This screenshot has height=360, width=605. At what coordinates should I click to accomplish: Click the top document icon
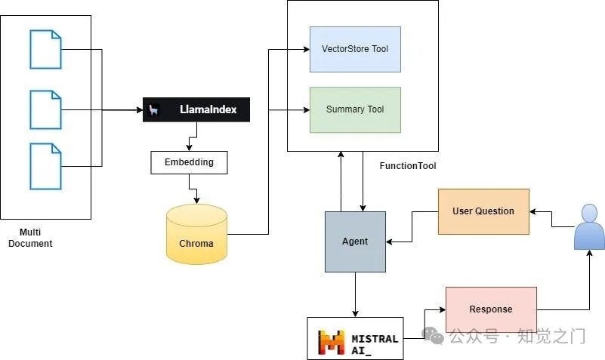(45, 49)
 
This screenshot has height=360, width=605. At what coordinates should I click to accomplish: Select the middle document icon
(45, 110)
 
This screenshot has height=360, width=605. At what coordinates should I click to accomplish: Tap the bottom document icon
(45, 167)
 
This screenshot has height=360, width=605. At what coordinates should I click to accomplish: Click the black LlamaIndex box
(196, 110)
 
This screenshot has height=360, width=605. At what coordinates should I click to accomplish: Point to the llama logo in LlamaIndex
(153, 110)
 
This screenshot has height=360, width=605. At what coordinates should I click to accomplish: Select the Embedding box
(189, 162)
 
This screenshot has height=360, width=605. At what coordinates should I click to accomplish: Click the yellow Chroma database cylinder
(196, 235)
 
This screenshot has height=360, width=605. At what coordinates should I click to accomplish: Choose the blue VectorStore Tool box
(355, 49)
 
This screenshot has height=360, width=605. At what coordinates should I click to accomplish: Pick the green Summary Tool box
(355, 110)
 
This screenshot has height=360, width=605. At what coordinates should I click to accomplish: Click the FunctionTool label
(408, 166)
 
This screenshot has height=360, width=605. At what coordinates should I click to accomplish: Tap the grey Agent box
(355, 242)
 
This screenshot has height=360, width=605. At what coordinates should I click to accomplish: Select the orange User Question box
(483, 211)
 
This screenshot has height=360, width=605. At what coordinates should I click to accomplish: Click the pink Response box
(491, 309)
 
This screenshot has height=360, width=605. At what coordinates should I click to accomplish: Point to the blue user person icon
(589, 227)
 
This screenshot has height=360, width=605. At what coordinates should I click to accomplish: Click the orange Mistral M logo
(331, 343)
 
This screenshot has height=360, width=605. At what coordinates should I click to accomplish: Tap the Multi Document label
(30, 238)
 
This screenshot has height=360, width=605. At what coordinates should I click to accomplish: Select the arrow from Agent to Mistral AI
(355, 295)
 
